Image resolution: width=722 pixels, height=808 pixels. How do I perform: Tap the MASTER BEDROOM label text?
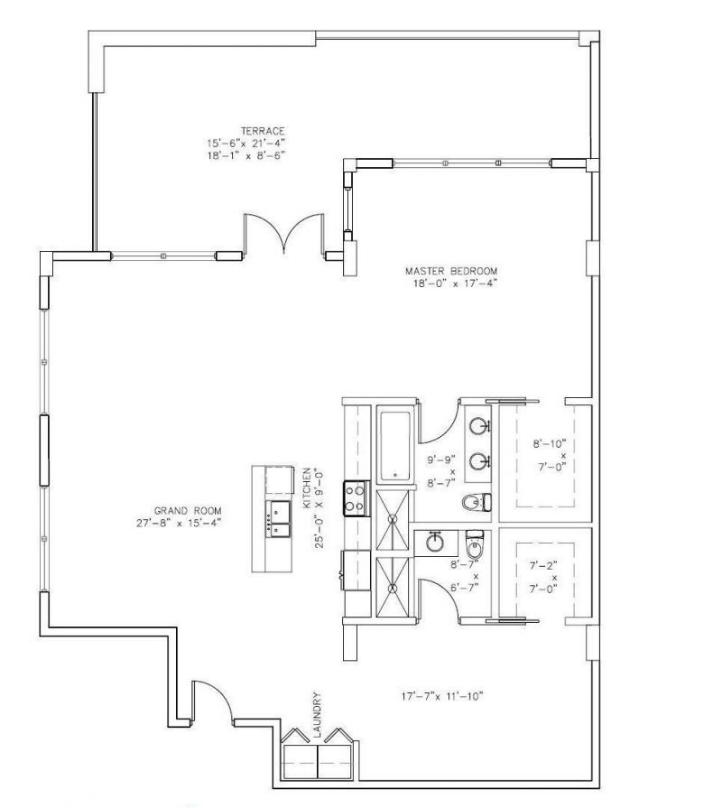click(x=450, y=271)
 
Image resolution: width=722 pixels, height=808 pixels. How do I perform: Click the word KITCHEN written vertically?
click(x=308, y=486)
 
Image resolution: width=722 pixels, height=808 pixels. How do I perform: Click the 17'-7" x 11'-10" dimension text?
click(x=443, y=696)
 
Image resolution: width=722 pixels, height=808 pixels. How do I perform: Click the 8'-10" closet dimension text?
click(x=549, y=443)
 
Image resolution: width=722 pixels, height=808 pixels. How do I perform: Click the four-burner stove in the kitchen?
click(x=355, y=498)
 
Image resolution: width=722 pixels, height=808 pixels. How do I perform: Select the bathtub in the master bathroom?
click(x=393, y=446)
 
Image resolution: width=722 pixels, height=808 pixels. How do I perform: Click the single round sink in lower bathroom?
click(x=435, y=542)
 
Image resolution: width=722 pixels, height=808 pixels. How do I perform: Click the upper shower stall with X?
click(x=393, y=521)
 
